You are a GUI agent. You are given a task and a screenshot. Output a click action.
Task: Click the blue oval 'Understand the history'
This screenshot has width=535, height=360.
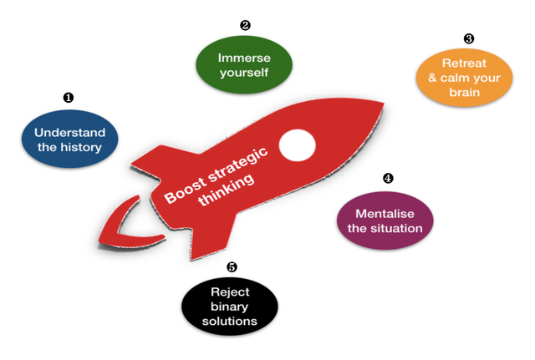point(69,139)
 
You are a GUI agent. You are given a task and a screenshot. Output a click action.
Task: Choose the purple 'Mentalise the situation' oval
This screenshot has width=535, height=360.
point(385,220)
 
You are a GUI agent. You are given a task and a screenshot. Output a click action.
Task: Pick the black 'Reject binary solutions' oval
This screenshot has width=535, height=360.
point(231,306)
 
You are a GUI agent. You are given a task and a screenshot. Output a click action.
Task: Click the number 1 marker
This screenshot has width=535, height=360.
point(69,98)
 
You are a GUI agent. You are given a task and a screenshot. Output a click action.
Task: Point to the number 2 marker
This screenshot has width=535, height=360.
point(245,25)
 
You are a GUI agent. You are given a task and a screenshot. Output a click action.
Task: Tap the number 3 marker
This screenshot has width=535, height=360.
point(468,38)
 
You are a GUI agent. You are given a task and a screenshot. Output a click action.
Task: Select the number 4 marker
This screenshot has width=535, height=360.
point(387,179)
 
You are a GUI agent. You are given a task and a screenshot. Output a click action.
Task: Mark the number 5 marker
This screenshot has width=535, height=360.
point(232,267)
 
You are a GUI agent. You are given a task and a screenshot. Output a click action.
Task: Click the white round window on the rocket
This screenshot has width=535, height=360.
point(297,145)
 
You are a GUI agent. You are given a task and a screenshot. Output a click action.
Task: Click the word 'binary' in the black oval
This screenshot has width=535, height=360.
point(231,306)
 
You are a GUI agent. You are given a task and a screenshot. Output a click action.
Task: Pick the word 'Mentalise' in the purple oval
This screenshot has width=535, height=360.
point(385,213)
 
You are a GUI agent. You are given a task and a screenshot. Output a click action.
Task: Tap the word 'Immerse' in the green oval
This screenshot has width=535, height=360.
point(244,58)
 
